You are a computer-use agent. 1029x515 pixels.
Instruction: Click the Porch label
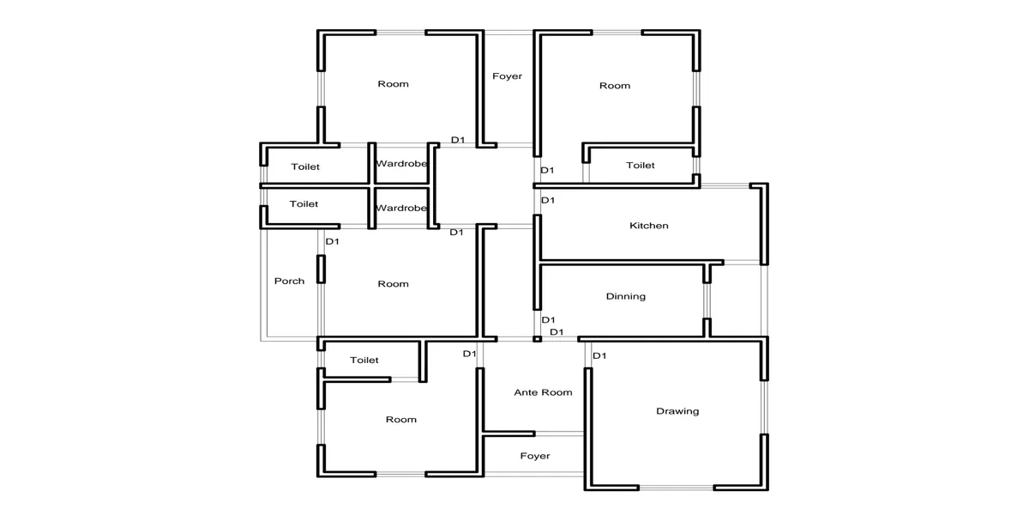290,281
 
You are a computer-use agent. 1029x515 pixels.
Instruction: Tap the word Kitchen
648,225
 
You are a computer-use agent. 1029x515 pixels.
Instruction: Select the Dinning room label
626,297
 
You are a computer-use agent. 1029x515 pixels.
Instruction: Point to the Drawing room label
677,411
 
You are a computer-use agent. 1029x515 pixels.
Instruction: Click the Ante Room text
543,392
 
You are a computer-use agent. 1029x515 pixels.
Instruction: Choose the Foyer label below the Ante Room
535,456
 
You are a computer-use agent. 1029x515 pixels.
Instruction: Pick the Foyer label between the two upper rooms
507,76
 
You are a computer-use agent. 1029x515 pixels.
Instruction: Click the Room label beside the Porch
394,284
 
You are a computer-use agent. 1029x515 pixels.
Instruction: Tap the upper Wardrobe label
401,164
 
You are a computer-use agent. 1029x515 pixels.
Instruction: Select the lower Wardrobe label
401,209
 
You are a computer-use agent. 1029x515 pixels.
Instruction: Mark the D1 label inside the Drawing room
599,355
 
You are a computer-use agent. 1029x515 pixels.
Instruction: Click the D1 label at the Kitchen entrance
548,200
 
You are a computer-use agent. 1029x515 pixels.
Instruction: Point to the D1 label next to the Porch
332,241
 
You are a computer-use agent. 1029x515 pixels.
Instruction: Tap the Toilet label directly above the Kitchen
641,166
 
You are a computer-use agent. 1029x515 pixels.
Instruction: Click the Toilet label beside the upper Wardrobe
305,167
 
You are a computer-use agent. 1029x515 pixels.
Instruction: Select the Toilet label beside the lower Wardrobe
304,203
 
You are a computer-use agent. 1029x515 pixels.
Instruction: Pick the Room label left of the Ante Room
401,420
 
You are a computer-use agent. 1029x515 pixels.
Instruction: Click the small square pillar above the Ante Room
537,339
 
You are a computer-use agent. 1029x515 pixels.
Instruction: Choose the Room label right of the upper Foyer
615,86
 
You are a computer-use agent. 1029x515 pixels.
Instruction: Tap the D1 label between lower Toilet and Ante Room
470,354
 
